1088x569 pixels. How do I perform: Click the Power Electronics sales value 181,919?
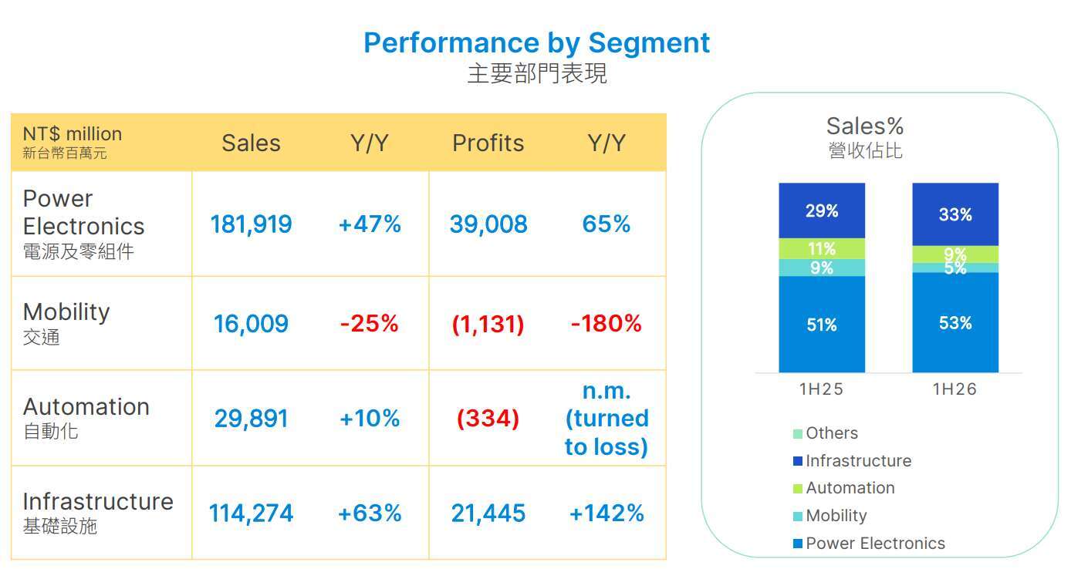(x=251, y=224)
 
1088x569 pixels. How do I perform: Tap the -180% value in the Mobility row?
(x=606, y=323)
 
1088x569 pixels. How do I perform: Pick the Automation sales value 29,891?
(x=251, y=419)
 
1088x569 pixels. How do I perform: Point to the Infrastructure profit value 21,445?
(x=488, y=513)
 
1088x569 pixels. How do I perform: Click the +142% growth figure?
(x=607, y=513)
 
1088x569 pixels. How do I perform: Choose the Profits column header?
(x=488, y=143)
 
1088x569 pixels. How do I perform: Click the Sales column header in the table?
(x=251, y=143)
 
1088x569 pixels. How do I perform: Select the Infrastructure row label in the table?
(x=98, y=512)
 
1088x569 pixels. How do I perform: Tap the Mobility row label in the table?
(x=66, y=323)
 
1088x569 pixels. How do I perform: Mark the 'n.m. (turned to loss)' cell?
(x=607, y=419)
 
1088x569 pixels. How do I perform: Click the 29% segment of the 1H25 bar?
(x=822, y=210)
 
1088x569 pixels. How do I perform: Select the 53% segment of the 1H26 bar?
(x=955, y=322)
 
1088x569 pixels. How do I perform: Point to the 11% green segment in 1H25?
(x=822, y=248)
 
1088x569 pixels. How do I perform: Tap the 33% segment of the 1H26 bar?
(x=955, y=214)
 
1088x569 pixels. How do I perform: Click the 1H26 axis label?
(x=955, y=389)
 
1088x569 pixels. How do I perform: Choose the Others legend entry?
(x=826, y=433)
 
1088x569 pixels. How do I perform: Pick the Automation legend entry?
(x=844, y=488)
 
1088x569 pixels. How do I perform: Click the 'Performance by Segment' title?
(x=537, y=42)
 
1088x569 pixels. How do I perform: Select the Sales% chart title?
(x=865, y=126)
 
